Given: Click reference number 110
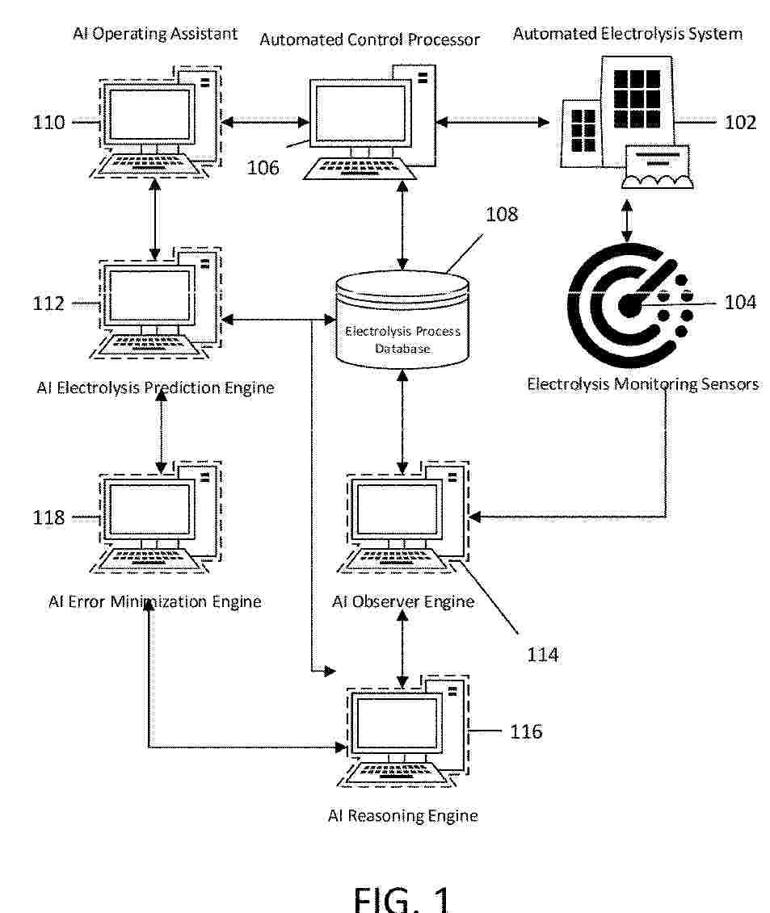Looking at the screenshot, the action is [48, 122].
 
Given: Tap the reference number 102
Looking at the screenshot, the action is [739, 122].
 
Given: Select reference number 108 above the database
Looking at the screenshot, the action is [501, 214].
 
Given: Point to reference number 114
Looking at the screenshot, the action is [542, 655].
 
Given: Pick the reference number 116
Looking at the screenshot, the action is [526, 731].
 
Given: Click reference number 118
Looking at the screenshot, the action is [48, 517].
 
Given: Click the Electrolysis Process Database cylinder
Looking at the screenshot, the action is [402, 319].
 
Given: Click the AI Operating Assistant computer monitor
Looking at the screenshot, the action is [149, 115].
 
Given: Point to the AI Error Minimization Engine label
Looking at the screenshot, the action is [154, 601].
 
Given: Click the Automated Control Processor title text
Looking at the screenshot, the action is [369, 40].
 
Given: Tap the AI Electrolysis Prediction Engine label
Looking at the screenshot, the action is [155, 387].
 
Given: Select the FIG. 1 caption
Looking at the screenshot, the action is [402, 898].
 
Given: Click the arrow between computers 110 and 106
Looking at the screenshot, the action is [265, 122].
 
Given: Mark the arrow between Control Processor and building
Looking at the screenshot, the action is [493, 122].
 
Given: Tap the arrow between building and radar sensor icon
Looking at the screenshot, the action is [627, 220].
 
